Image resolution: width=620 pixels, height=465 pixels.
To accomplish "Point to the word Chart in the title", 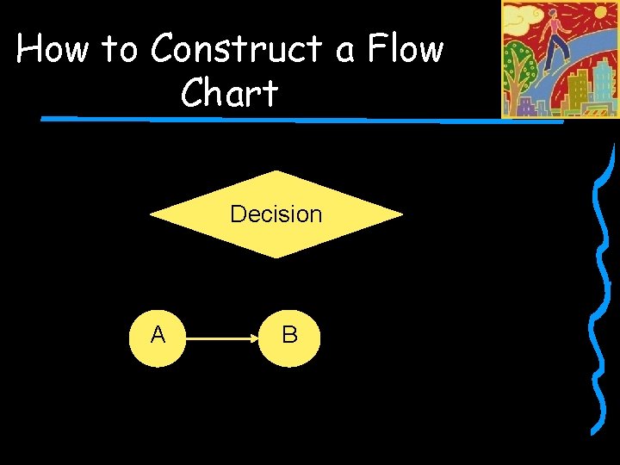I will tap(230, 93).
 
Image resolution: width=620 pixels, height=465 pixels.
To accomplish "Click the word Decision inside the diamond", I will tap(276, 214).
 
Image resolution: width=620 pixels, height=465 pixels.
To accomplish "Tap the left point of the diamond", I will tap(152, 214).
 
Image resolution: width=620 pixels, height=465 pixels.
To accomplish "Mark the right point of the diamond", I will tap(400, 214).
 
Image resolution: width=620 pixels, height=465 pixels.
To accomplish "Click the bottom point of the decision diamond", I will tap(276, 256).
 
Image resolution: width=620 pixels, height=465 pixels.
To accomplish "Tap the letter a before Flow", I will tap(345, 53).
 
